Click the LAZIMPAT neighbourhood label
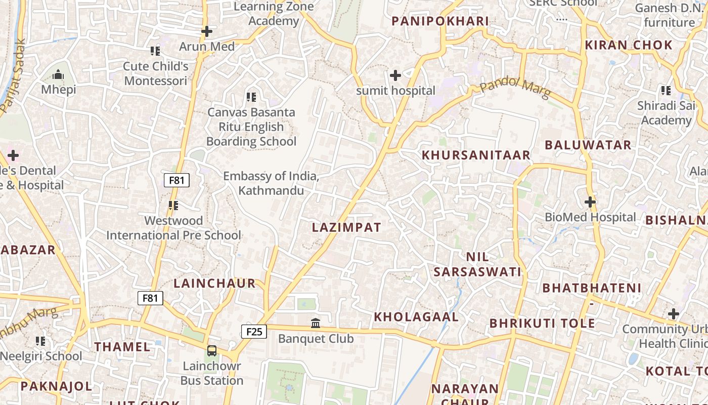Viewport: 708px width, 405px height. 346,227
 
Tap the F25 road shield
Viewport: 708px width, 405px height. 253,332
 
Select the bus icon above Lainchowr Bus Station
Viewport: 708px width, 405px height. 212,350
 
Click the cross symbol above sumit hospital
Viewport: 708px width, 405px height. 395,76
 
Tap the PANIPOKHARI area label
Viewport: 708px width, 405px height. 440,21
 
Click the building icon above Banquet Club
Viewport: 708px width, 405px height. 316,323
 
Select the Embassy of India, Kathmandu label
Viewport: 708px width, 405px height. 271,183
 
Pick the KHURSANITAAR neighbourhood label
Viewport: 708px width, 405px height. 476,155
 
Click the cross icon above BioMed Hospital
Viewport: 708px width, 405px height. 590,202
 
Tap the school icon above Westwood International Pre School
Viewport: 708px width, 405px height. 173,206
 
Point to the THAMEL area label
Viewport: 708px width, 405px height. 122,347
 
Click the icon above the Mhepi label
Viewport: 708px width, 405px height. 58,75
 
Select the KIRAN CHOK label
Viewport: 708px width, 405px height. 629,45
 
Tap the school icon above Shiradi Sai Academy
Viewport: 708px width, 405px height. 666,91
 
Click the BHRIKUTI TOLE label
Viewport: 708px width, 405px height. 542,323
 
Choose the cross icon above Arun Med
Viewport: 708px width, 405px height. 207,31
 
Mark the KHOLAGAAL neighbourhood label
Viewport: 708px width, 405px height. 416,317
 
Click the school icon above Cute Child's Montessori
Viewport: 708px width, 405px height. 155,51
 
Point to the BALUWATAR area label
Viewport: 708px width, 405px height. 588,145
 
